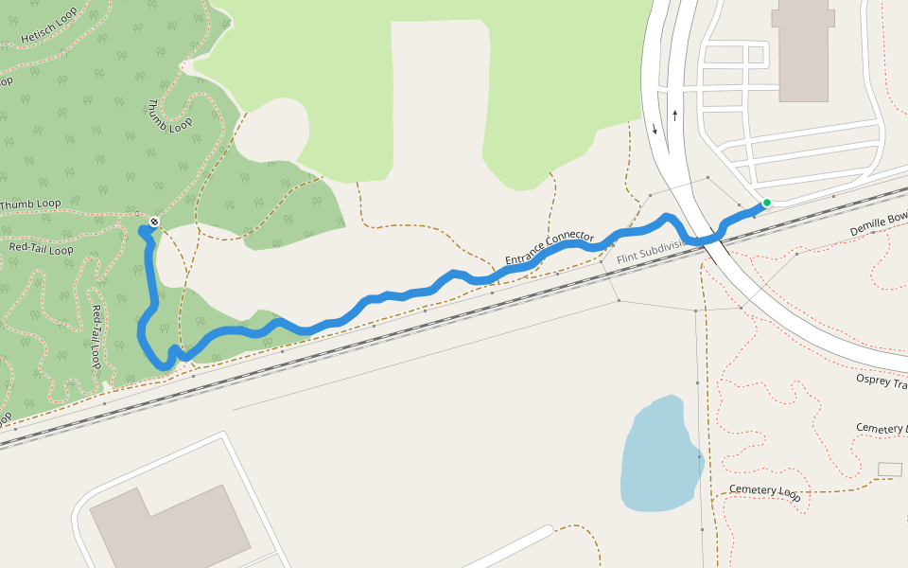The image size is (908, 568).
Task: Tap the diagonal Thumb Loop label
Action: point(170,115)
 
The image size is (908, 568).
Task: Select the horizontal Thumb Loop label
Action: point(30,204)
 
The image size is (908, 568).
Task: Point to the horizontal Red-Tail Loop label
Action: point(41,249)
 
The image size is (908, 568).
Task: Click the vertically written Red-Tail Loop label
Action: point(96,336)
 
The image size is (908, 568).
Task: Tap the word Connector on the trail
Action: point(570,238)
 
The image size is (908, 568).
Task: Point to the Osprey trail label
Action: point(881,380)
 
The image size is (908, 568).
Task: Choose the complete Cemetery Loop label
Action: point(764,492)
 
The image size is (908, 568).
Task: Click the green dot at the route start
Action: point(767,203)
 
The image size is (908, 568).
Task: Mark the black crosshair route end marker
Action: point(154,222)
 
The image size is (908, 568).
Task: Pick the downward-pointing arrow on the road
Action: point(655,129)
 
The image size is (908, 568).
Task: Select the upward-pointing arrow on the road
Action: point(675,115)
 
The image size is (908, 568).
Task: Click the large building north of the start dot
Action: point(803,52)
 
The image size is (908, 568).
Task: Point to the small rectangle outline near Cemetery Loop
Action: point(890,470)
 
